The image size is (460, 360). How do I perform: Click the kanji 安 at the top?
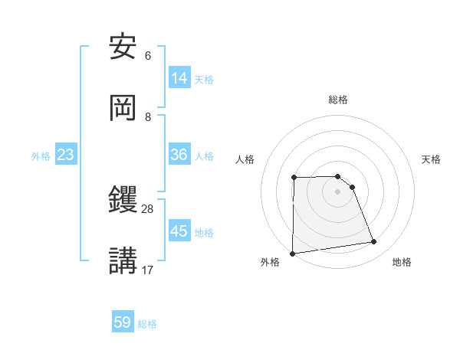123,47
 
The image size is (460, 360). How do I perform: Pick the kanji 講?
123,260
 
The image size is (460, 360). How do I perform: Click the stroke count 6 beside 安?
148,56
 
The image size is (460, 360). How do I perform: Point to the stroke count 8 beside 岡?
148,116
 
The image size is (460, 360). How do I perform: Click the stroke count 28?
147,208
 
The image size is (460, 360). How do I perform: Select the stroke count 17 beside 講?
147,270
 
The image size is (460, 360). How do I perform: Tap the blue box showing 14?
179,78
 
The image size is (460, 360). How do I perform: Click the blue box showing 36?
179,155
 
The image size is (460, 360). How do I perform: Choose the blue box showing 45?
179,231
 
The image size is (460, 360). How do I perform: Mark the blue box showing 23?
66,155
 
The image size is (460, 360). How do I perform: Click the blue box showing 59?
123,322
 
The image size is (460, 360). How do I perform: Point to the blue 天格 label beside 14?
204,80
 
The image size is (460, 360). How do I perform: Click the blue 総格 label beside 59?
147,324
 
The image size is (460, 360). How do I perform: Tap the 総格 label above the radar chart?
338,100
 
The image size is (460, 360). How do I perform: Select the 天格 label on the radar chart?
432,159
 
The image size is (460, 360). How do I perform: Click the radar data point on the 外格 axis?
292,254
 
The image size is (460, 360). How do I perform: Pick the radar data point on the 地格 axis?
374,242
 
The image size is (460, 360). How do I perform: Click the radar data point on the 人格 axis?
294,178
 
